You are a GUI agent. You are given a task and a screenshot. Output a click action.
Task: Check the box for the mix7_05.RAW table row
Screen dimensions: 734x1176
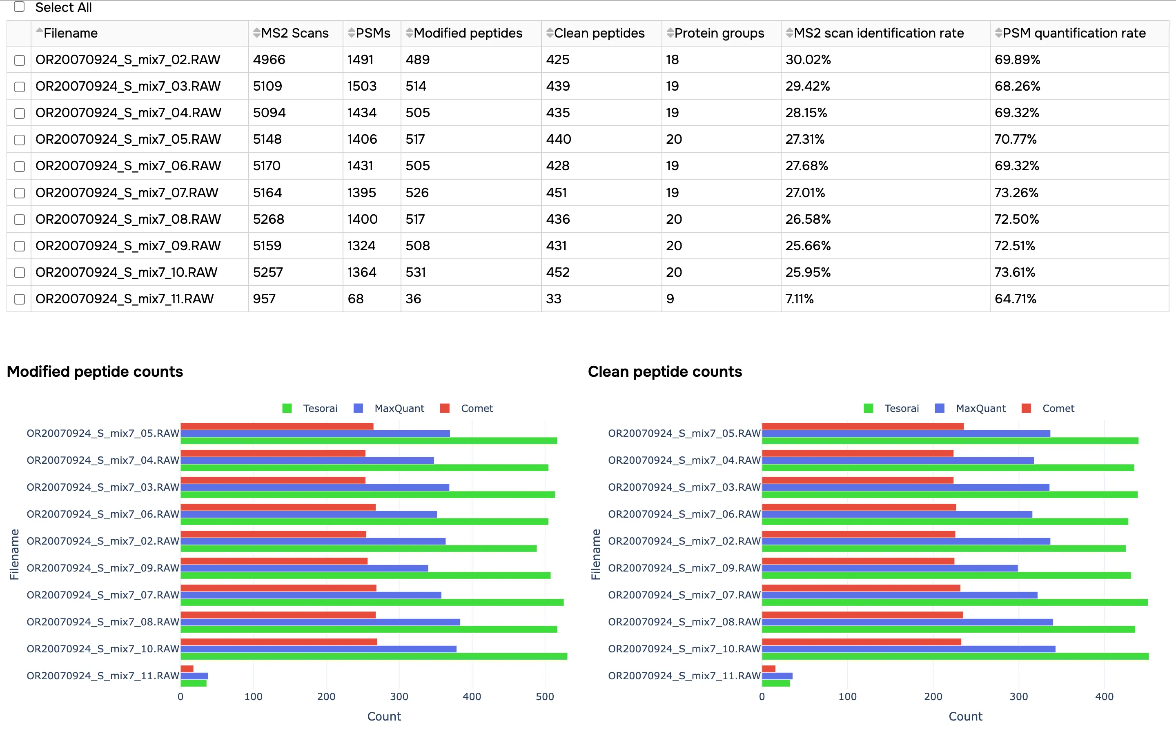(20, 140)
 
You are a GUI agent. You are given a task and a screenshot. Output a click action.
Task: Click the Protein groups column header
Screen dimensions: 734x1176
(719, 33)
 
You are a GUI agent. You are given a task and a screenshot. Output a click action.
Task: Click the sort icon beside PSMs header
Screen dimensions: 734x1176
(351, 33)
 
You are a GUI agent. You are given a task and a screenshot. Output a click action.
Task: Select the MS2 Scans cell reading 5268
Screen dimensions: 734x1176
(269, 219)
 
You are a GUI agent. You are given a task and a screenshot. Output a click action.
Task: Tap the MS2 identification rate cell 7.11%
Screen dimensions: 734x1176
(799, 298)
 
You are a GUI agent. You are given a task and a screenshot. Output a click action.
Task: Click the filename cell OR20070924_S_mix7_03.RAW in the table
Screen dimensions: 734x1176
(128, 86)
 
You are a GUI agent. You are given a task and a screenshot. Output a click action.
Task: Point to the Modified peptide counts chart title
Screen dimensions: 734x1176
(95, 371)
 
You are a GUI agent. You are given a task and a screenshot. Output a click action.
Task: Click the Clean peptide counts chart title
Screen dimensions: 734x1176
(665, 371)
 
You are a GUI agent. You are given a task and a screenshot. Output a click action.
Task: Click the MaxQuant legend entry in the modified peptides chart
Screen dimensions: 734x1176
(399, 408)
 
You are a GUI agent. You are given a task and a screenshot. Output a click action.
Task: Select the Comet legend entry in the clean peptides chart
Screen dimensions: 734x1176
(1058, 408)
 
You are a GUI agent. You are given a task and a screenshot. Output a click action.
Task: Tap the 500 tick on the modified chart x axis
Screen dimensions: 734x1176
(545, 696)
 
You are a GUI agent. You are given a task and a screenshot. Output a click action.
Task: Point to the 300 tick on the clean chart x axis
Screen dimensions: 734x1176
(1019, 696)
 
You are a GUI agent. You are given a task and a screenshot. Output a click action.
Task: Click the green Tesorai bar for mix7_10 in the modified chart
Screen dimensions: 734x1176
(374, 656)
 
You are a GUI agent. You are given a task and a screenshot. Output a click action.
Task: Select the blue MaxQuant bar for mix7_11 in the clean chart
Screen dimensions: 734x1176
(777, 676)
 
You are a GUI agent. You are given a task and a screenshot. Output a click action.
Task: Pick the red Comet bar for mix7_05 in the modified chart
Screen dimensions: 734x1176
(277, 426)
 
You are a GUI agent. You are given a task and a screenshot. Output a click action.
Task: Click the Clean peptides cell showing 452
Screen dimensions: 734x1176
(557, 272)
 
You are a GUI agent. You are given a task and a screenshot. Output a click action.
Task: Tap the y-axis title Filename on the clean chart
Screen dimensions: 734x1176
(596, 554)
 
